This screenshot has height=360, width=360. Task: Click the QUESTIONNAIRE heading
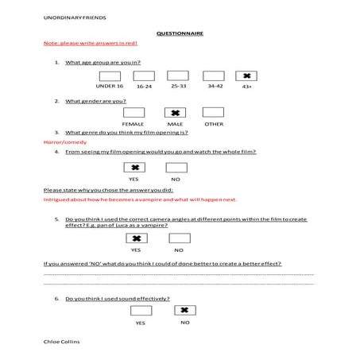pos(180,34)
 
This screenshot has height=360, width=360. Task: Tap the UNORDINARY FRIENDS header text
pos(75,16)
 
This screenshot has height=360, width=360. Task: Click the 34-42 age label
pos(215,85)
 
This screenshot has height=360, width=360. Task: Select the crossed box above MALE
pos(179,113)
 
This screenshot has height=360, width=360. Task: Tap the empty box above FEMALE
pos(134,113)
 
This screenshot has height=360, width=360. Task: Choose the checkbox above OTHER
pos(214,113)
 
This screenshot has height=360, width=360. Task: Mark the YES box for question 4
pos(135,168)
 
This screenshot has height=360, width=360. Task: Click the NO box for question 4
pos(175,168)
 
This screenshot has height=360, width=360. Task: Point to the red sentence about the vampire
pos(140,200)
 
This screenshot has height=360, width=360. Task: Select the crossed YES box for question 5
pos(137,238)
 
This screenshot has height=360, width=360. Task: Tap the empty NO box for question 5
pos(180,238)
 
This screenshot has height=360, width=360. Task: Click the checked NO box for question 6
pos(185,311)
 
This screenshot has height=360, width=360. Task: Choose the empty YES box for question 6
pos(140,311)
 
